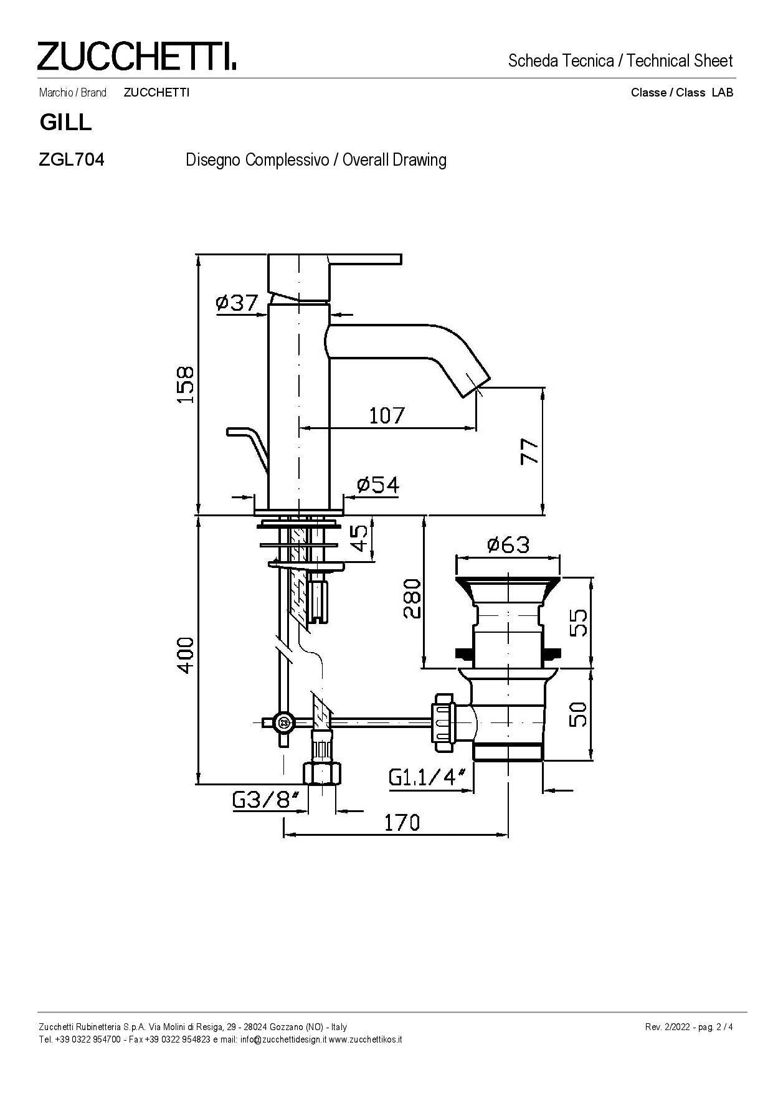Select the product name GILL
pyautogui.click(x=65, y=123)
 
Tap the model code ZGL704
pyautogui.click(x=72, y=160)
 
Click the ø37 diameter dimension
pyautogui.click(x=237, y=303)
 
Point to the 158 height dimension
pyautogui.click(x=186, y=384)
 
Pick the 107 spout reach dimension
pyautogui.click(x=387, y=415)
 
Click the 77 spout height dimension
pyautogui.click(x=529, y=451)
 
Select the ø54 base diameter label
pyautogui.click(x=378, y=484)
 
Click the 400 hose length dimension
pyautogui.click(x=186, y=655)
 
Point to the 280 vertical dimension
pyautogui.click(x=412, y=599)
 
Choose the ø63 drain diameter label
pyautogui.click(x=508, y=545)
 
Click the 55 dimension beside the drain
pyautogui.click(x=579, y=622)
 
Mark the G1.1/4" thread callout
pyautogui.click(x=427, y=777)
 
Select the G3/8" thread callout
pyautogui.click(x=265, y=800)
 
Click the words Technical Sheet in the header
pyautogui.click(x=680, y=61)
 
